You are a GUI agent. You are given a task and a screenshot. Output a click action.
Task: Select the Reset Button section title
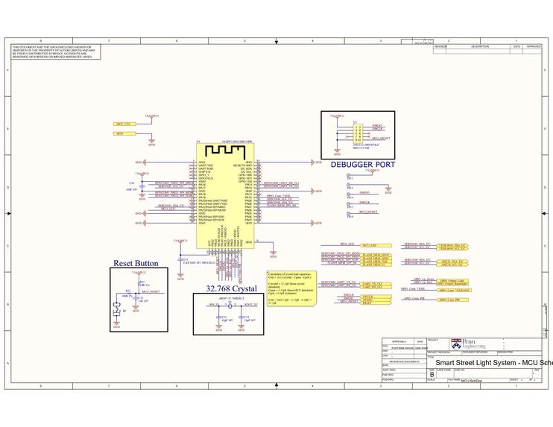tap(135, 263)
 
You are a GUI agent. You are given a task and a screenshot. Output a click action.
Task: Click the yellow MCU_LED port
tap(369, 244)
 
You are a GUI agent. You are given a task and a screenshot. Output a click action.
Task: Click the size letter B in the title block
tap(432, 374)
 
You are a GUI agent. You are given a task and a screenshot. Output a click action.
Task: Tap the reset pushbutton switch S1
tap(116, 309)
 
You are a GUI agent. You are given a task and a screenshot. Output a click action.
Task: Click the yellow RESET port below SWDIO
tap(368, 304)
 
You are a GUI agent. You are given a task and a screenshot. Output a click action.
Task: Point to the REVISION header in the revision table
tap(440, 46)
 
